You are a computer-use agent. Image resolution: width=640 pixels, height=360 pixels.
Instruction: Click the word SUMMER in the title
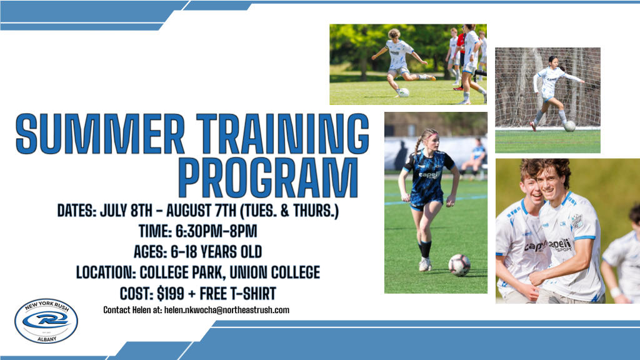[x=100, y=134]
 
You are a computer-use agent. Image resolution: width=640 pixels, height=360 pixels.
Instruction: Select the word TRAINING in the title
[x=283, y=134]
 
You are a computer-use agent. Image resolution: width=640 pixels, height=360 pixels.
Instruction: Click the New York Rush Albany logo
[x=46, y=321]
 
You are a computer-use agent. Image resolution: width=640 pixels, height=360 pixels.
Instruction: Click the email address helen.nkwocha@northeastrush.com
[x=226, y=310]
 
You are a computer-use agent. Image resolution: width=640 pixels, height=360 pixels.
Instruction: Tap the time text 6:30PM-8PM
[x=216, y=231]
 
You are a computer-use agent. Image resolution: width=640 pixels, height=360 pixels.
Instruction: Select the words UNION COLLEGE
[x=275, y=272]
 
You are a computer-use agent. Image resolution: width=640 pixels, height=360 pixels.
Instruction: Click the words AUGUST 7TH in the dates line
[x=201, y=211]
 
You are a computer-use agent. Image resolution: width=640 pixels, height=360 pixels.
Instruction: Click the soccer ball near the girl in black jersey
[x=459, y=265]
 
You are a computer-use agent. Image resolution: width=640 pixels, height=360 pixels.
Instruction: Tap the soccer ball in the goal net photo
[x=569, y=126]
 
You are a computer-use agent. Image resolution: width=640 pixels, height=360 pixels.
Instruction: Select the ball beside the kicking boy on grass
[x=404, y=92]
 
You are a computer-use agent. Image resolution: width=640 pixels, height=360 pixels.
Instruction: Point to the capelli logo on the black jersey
[x=429, y=175]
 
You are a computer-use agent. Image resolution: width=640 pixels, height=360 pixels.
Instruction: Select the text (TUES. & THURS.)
[x=289, y=211]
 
